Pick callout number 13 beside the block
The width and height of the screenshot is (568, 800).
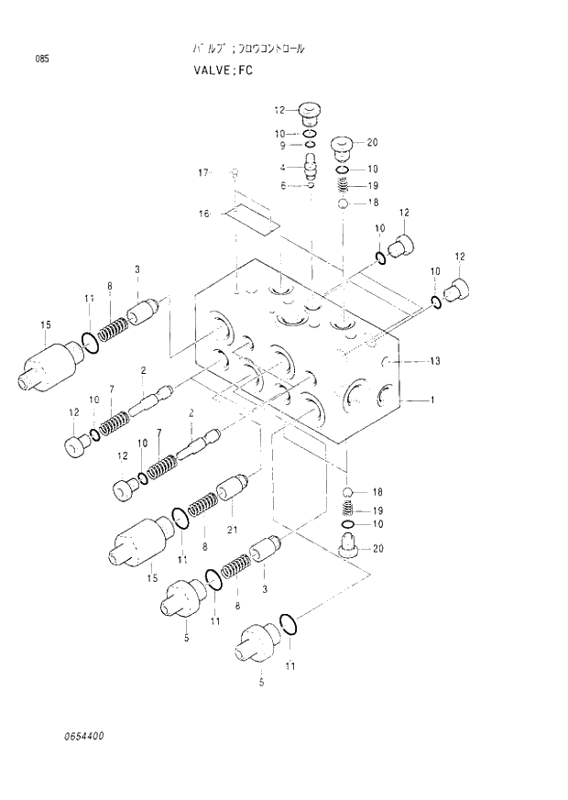point(433,361)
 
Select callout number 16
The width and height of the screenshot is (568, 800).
point(204,214)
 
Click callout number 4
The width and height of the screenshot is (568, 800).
point(284,167)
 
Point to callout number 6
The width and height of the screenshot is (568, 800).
point(284,185)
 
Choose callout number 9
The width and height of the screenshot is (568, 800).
point(284,145)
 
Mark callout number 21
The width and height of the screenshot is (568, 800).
point(233,529)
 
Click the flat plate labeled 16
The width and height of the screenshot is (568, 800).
point(251,218)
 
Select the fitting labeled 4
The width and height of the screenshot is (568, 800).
point(309,166)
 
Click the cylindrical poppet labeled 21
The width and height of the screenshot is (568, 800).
point(233,489)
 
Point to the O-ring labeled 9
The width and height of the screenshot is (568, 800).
point(310,145)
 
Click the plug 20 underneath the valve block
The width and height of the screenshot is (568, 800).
point(348,550)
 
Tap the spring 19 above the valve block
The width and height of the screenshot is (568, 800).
point(343,186)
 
